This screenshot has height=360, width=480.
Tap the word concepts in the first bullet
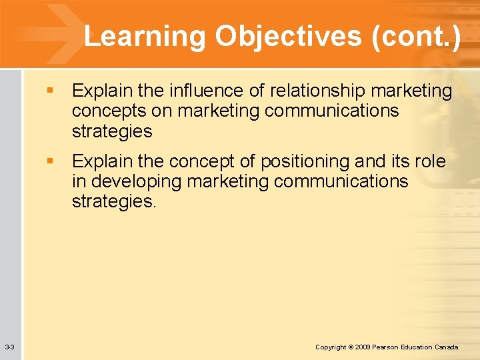(x=113, y=111)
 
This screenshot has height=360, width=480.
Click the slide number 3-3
(x=9, y=347)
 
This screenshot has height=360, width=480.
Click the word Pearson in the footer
(x=388, y=347)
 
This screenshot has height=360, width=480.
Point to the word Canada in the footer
(x=446, y=347)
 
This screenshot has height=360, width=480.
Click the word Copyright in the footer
(x=331, y=347)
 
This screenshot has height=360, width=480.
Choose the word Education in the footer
(x=418, y=347)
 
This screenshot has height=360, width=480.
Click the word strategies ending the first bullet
(x=112, y=131)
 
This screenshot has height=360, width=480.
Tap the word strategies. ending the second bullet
(x=114, y=202)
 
